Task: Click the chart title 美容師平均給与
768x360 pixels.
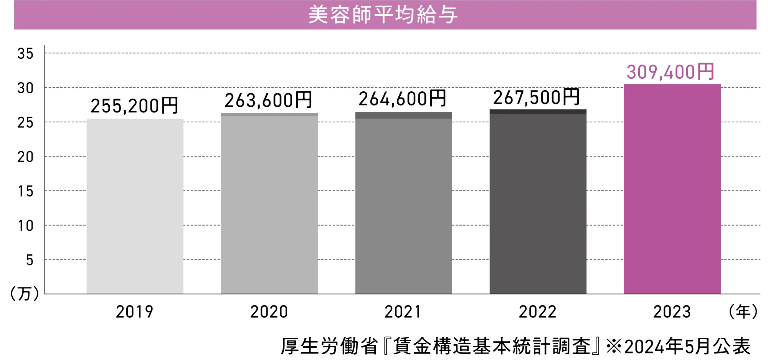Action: pyautogui.click(x=383, y=15)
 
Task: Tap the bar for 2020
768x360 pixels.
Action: pyautogui.click(x=269, y=204)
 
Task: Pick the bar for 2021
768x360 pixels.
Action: pyautogui.click(x=403, y=203)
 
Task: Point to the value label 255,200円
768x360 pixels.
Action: pyautogui.click(x=135, y=106)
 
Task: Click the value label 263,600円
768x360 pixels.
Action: pyautogui.click(x=269, y=100)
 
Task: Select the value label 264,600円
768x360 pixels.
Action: pyautogui.click(x=403, y=99)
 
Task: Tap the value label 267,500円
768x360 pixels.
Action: pyautogui.click(x=537, y=97)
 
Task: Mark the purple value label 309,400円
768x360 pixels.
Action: pyautogui.click(x=671, y=72)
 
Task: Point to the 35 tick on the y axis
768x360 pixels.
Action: pyautogui.click(x=25, y=54)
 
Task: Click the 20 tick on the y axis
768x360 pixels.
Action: pyautogui.click(x=25, y=157)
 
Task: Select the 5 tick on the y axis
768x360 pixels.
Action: pyautogui.click(x=30, y=260)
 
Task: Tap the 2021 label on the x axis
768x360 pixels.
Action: pyautogui.click(x=403, y=312)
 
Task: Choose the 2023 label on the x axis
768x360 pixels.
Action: pyautogui.click(x=672, y=312)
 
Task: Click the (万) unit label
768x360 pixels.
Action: pyautogui.click(x=25, y=294)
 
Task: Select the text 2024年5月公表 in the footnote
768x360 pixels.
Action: pyautogui.click(x=687, y=346)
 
